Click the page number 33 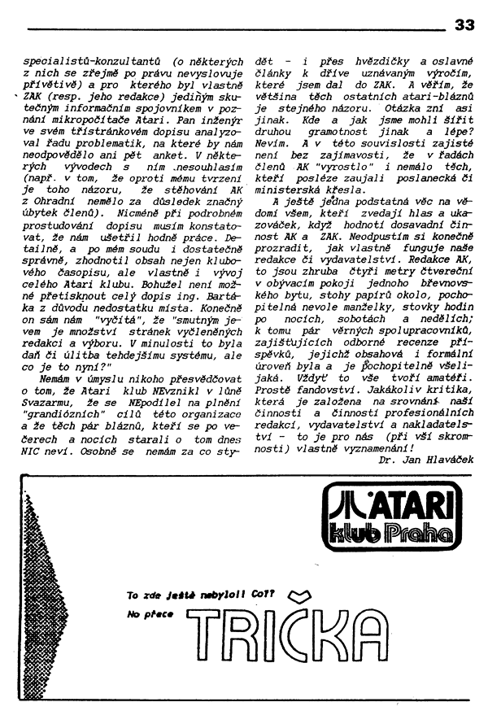coord(464,24)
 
